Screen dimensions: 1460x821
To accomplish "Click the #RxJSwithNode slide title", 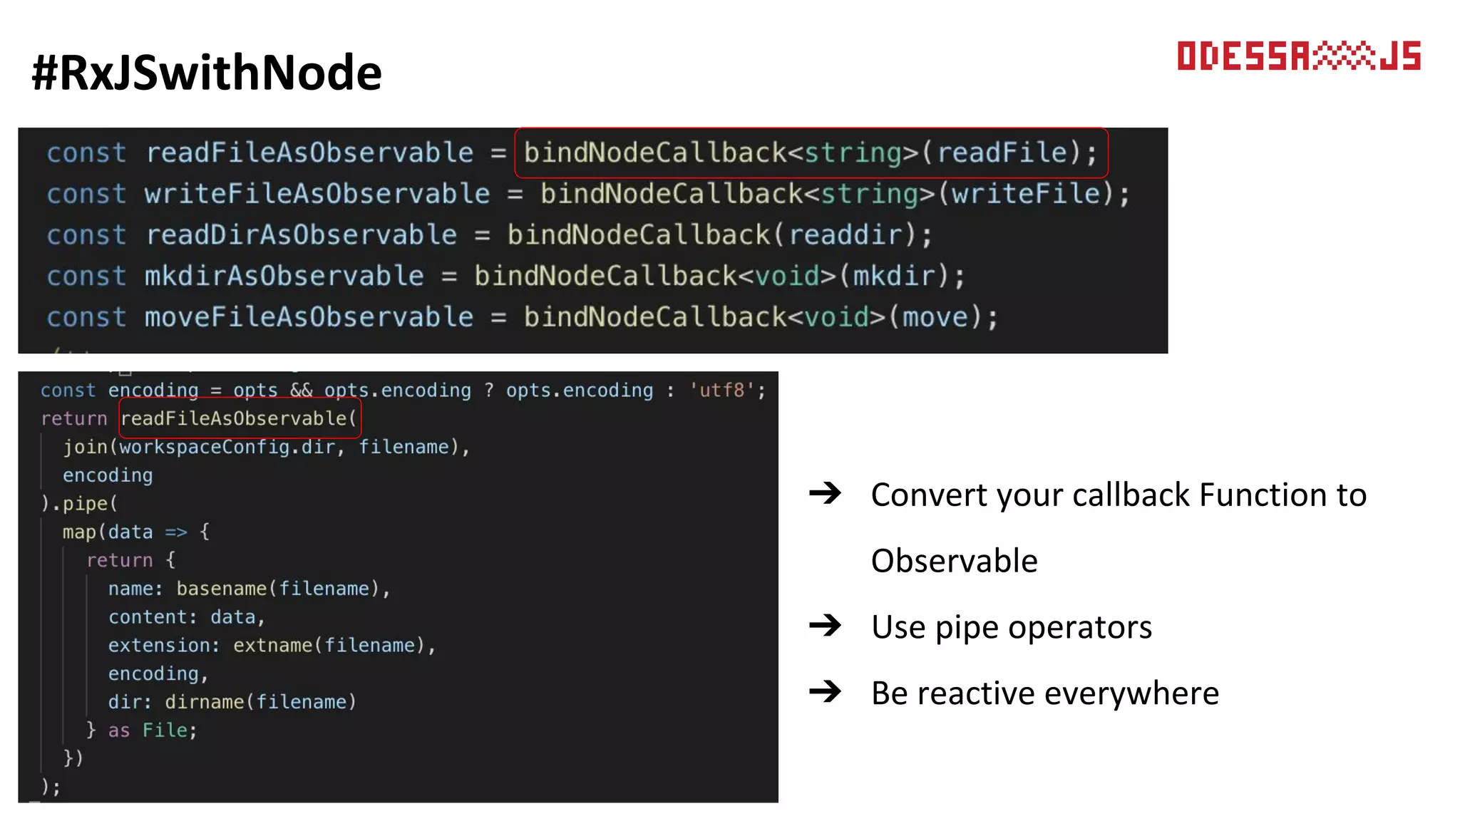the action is click(207, 73).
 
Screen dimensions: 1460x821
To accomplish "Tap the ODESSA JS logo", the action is click(1298, 56).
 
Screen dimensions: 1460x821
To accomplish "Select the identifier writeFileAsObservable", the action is click(317, 194).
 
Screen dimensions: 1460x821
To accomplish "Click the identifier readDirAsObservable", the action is click(301, 235).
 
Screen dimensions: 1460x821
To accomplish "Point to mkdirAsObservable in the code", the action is click(284, 276).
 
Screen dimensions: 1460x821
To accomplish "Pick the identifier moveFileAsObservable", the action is click(309, 317).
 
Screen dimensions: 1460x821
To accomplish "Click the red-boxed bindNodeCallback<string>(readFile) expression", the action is click(811, 153).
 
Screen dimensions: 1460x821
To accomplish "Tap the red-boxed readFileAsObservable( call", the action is click(240, 418).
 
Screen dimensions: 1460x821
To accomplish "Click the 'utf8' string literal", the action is click(721, 391).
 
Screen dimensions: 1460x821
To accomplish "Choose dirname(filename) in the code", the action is click(260, 702).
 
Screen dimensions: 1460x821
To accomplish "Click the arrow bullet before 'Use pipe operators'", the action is click(826, 626).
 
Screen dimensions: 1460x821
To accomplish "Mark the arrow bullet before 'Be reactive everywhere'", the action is click(826, 691).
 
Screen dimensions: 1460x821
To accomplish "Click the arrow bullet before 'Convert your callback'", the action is click(826, 493).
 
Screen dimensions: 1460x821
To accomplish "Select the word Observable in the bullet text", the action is click(954, 561).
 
